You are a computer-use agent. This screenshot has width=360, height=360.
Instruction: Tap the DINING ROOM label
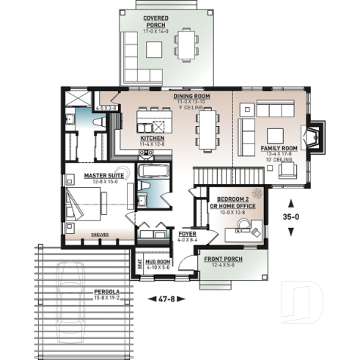[x=192, y=96]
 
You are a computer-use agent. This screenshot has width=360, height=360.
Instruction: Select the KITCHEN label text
[x=153, y=138]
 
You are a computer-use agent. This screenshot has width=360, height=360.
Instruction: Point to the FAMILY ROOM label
[x=279, y=148]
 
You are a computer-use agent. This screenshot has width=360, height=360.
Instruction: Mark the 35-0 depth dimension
[x=292, y=217]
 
